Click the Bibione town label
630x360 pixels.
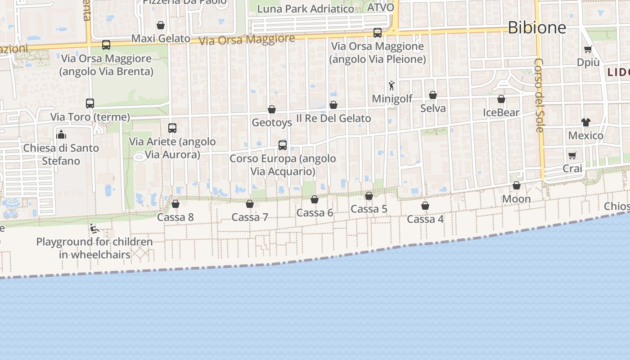click(x=537, y=28)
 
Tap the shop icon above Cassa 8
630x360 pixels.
click(x=175, y=204)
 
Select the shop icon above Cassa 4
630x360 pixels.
click(x=425, y=206)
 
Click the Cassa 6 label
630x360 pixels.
click(x=315, y=213)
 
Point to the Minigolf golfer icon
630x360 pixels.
click(x=391, y=85)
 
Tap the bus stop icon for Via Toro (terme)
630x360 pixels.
click(x=90, y=103)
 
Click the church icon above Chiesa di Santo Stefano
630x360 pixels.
click(x=61, y=134)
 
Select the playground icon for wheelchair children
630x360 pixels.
click(x=94, y=229)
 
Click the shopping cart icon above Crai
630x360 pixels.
click(x=572, y=156)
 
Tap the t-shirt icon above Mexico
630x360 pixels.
click(x=585, y=122)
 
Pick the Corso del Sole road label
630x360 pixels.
click(x=539, y=95)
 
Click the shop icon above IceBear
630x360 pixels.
click(x=501, y=99)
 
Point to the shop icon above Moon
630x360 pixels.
click(x=517, y=185)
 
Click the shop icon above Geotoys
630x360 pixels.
click(x=272, y=109)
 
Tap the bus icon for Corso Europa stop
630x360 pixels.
click(x=283, y=145)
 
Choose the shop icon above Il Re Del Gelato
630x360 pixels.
click(x=333, y=105)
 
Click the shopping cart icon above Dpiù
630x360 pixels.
click(x=588, y=49)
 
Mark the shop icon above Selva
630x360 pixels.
click(x=433, y=95)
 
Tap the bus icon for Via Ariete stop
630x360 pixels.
click(x=172, y=128)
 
